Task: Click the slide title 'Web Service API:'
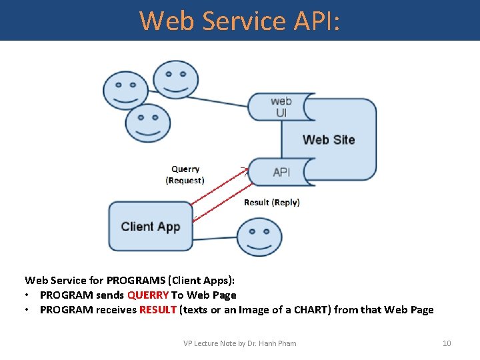240,21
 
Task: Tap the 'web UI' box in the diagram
281,107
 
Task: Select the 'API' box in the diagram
281,172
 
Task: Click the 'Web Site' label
329,139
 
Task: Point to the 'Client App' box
151,227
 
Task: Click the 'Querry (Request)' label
185,175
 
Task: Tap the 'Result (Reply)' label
271,202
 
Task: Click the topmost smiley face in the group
175,80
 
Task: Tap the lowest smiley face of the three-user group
148,123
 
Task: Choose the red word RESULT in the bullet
158,310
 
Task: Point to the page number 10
447,343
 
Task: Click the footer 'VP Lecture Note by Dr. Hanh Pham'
240,343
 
